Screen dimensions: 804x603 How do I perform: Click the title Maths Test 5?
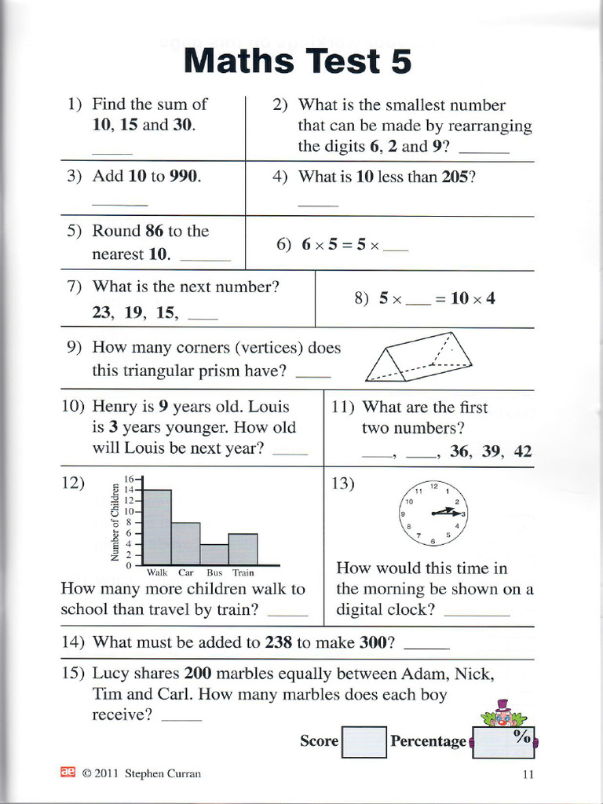pyautogui.click(x=298, y=61)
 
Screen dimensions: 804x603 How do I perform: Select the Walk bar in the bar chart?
pyautogui.click(x=158, y=526)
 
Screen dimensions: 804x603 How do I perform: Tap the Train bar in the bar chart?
pyautogui.click(x=243, y=549)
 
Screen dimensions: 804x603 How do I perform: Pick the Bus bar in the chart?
pyautogui.click(x=214, y=554)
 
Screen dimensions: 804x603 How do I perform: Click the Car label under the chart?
pyautogui.click(x=186, y=573)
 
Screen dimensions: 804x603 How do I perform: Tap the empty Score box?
pyautogui.click(x=365, y=741)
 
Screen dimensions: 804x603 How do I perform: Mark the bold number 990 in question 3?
pyautogui.click(x=184, y=177)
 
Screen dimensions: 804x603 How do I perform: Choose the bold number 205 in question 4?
pyautogui.click(x=455, y=177)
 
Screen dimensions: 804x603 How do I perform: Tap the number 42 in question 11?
pyautogui.click(x=522, y=451)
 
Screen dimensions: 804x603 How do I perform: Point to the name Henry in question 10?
pyautogui.click(x=115, y=407)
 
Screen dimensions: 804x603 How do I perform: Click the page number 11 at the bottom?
pyautogui.click(x=528, y=774)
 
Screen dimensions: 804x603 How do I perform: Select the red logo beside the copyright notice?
pyautogui.click(x=68, y=773)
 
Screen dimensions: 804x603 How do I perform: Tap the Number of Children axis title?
pyautogui.click(x=115, y=527)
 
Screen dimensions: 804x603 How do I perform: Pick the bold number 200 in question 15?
pyautogui.click(x=198, y=674)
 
